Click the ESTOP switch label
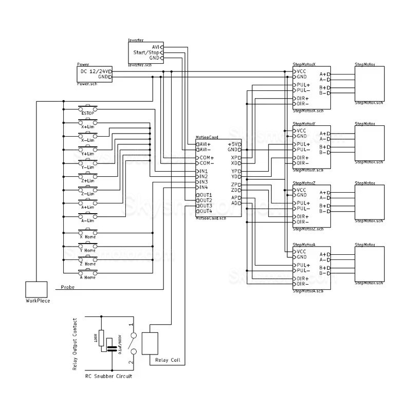(88, 113)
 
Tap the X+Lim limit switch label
(88, 126)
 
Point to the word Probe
(68, 288)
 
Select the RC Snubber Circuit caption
(108, 376)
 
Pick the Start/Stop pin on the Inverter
(146, 52)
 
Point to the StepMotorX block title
(304, 64)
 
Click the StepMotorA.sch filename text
(308, 291)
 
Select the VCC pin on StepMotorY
(302, 130)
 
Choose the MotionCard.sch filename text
(211, 218)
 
